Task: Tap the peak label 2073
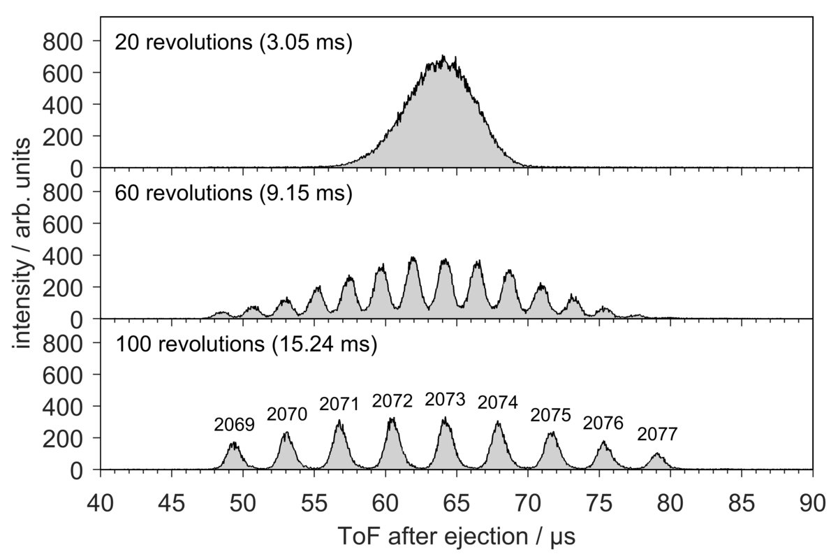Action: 446,400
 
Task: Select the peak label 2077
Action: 657,434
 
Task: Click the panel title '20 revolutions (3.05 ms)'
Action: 234,42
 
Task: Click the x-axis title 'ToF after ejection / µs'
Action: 457,537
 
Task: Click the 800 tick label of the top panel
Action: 63,42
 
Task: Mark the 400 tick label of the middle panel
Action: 63,256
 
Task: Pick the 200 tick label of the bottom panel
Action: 63,439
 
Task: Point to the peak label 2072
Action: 392,401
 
